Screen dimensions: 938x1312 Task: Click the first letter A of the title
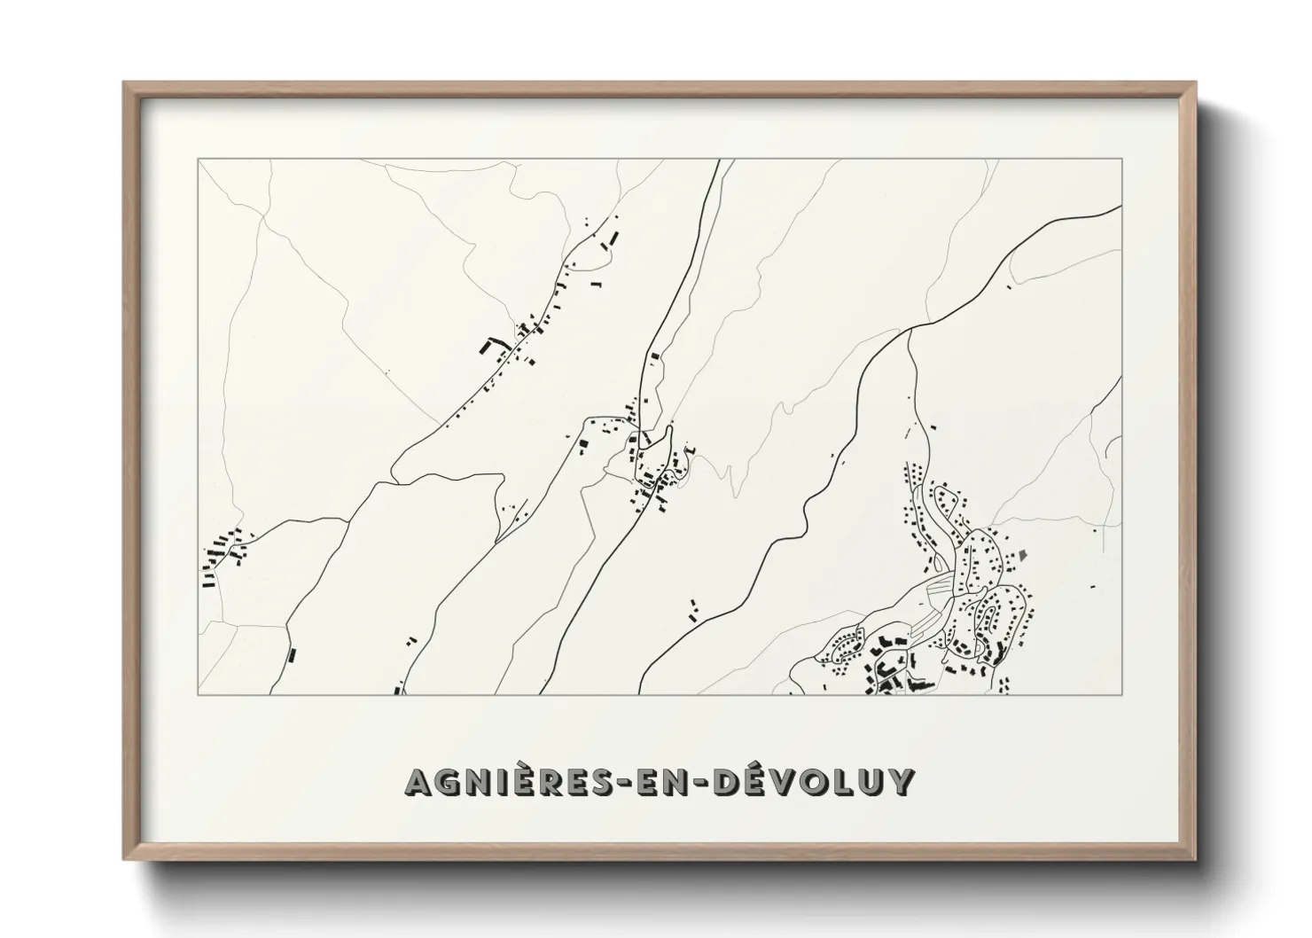(419, 782)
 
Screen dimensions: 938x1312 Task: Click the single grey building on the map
(1023, 555)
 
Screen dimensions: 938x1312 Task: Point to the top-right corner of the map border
(1122, 160)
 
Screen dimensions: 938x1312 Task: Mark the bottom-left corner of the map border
(198, 694)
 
